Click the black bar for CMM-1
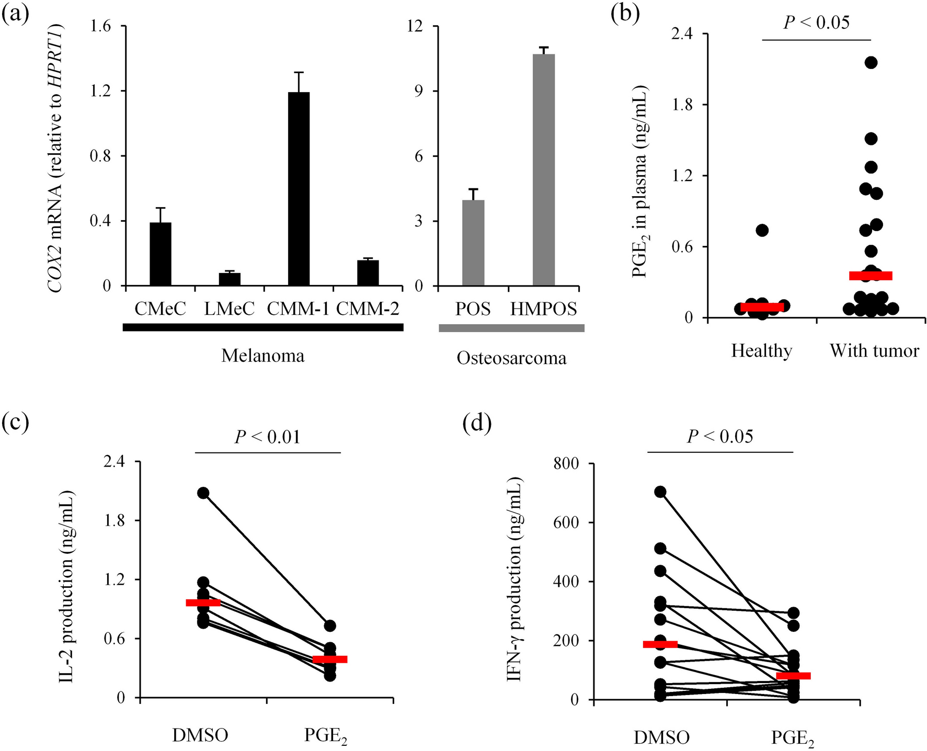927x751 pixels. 298,188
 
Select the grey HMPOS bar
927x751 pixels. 543,170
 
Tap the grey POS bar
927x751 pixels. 473,243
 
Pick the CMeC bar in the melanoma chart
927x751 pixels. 161,254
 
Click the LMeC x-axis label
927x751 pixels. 229,309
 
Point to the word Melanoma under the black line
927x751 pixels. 262,356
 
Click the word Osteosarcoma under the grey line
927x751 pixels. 511,358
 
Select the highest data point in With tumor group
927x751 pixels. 871,63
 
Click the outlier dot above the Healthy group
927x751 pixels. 762,230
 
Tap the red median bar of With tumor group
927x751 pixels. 871,276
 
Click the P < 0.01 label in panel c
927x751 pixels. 268,437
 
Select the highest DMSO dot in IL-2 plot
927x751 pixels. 203,493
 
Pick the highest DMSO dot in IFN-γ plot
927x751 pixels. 660,492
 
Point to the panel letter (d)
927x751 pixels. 477,424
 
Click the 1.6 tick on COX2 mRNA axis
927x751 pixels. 101,26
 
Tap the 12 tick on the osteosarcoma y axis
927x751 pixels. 415,26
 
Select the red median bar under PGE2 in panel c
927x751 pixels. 330,659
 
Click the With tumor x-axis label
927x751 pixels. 874,350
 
